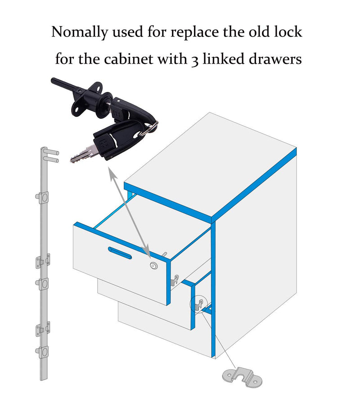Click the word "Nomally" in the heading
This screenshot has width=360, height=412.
[x=80, y=32]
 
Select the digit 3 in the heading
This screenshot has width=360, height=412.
[x=194, y=60]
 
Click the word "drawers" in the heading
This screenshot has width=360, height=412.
[x=275, y=59]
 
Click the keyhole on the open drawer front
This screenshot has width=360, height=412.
[x=153, y=266]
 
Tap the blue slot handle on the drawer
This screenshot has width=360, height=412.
[x=120, y=253]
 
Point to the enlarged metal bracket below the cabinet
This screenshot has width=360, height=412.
[x=242, y=377]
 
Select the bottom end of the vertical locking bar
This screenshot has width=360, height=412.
[x=44, y=378]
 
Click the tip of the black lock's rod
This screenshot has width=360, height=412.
[x=53, y=80]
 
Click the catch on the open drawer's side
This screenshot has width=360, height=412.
[x=175, y=281]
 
